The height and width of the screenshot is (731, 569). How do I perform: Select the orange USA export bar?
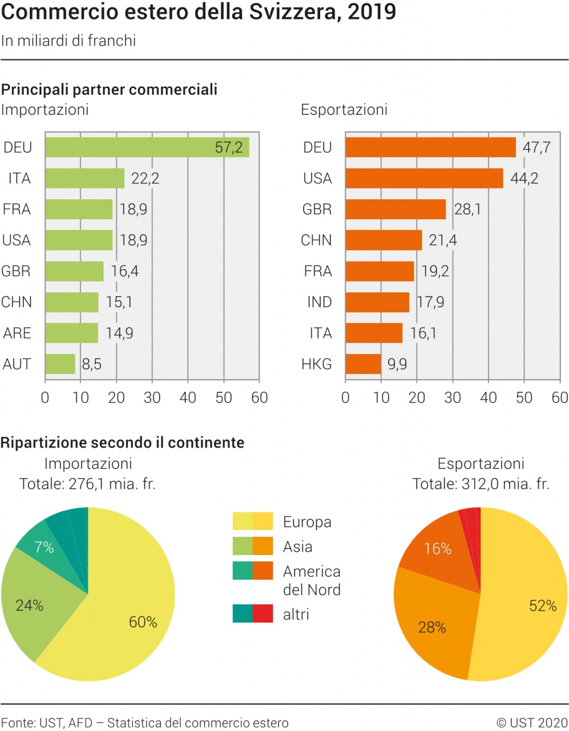424,178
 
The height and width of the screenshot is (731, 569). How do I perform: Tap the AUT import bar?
60,364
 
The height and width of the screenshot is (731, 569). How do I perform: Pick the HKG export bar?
363,364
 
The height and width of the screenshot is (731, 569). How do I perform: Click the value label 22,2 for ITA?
145,178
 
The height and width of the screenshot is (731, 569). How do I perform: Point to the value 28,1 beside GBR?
467,209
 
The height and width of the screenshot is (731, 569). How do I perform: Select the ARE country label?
17,333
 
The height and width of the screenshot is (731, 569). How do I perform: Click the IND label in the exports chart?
319,302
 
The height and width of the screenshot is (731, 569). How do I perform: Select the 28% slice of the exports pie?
434,625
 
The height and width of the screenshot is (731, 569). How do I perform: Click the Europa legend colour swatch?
253,521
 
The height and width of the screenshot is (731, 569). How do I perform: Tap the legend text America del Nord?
312,580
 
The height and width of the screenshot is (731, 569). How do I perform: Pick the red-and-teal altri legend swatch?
253,614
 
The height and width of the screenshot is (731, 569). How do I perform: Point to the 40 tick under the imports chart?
188,397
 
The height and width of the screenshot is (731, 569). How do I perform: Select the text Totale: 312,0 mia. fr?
481,484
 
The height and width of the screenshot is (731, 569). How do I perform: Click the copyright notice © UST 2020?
532,723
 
